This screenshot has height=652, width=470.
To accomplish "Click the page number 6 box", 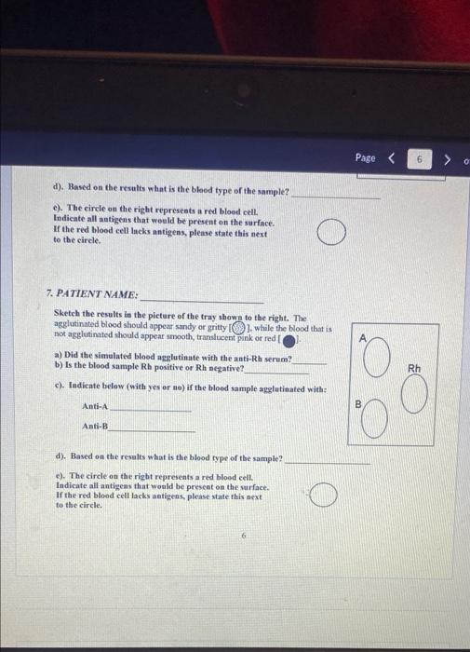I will (x=420, y=159).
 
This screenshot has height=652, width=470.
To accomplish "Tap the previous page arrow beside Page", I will (x=391, y=159).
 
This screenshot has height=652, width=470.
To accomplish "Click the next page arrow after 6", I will (x=448, y=159).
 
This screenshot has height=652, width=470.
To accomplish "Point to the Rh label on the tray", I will (x=414, y=367).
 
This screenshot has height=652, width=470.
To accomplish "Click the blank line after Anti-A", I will (x=150, y=408).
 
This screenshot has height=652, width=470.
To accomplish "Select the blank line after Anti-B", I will (x=152, y=428).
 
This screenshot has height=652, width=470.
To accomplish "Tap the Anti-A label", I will (x=95, y=406).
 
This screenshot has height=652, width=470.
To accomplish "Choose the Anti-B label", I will (x=95, y=427).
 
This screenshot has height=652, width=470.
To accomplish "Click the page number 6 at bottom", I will (x=243, y=536).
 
